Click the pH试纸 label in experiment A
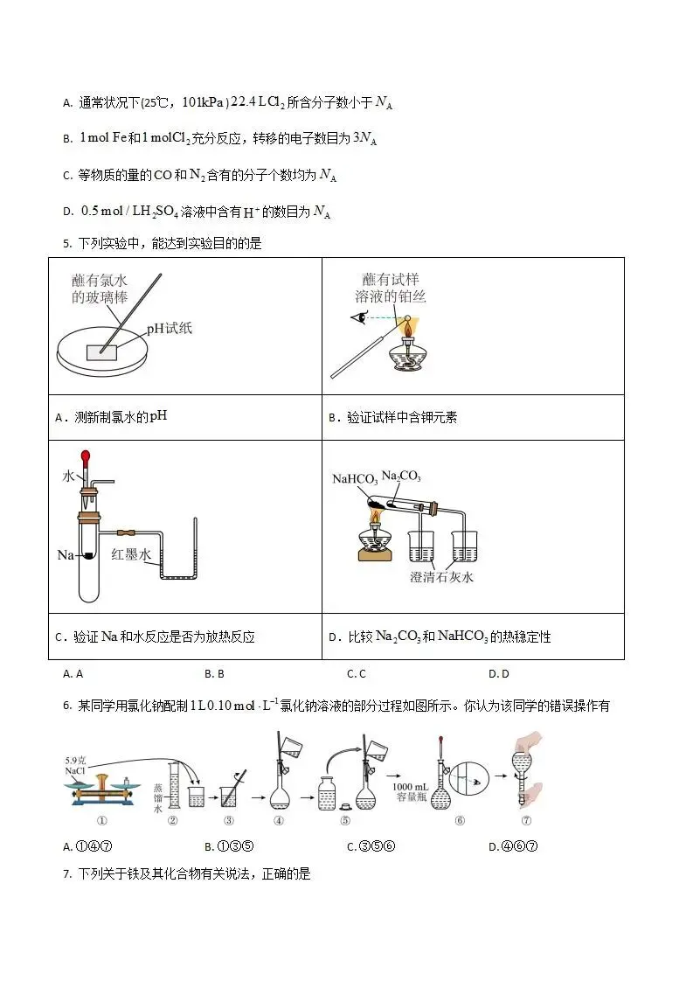coord(169,328)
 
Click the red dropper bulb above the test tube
coord(86,456)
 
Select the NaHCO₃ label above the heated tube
coord(355,478)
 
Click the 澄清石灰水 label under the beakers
coord(441,577)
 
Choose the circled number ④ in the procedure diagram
coord(279,820)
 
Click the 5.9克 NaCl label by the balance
coord(76,767)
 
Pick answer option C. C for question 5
coord(356,673)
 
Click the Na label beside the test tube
coord(65,554)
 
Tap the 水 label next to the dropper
coord(68,476)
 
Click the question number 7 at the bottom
coord(66,873)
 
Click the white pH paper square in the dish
coord(100,351)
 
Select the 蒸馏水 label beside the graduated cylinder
coord(157,797)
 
